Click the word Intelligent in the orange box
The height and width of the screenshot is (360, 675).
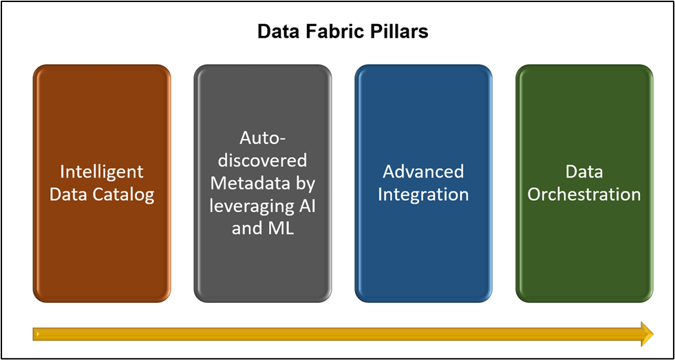(x=101, y=171)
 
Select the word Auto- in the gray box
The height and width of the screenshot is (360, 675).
(x=262, y=138)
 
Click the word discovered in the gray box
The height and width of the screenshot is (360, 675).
(x=262, y=160)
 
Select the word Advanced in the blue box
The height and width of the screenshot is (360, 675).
(x=423, y=171)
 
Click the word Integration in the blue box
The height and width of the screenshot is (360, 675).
(x=423, y=194)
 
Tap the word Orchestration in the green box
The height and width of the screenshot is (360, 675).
(x=584, y=194)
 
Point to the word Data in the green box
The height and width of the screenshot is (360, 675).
(x=584, y=171)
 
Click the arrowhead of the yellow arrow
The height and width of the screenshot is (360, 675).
(x=645, y=334)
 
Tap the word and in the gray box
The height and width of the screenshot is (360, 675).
(x=246, y=228)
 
